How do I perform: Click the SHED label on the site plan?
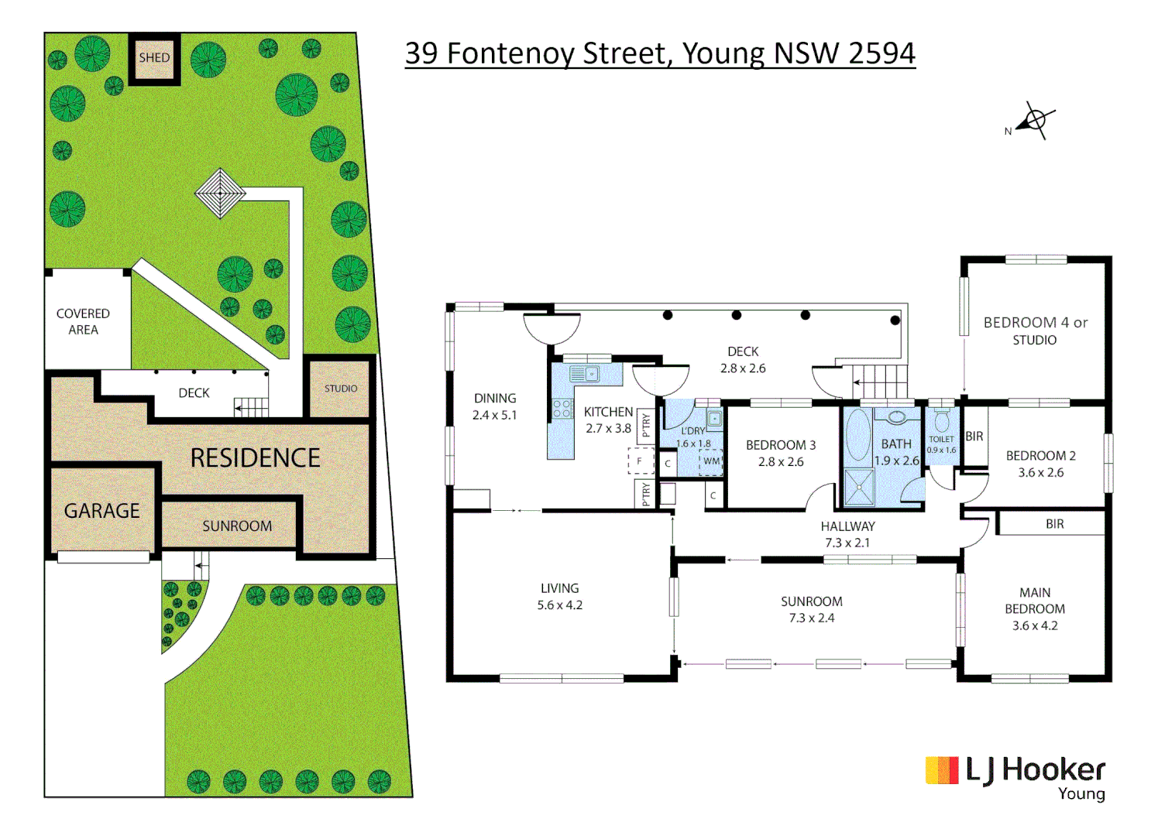(154, 58)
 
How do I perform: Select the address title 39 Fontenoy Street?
(659, 53)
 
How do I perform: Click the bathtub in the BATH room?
(857, 435)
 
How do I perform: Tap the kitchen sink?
(584, 375)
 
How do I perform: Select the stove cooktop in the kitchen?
(562, 409)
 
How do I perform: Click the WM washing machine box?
(711, 461)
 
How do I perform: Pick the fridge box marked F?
(640, 461)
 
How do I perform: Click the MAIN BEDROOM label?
(1035, 601)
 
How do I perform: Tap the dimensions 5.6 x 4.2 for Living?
(560, 605)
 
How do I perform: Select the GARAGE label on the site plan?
(102, 511)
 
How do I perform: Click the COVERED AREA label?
(83, 321)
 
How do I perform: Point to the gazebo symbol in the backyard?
(220, 193)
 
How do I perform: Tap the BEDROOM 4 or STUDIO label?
(1035, 331)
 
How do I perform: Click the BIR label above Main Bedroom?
(1054, 524)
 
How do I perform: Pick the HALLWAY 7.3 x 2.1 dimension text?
(847, 543)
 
